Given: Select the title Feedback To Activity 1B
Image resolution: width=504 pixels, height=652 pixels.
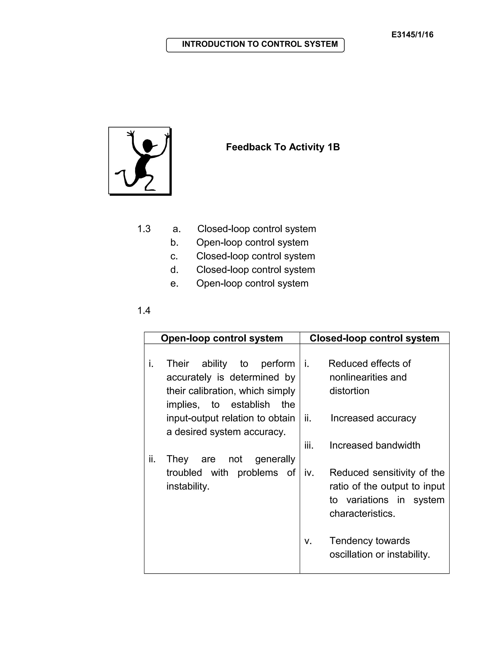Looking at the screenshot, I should click(283, 147).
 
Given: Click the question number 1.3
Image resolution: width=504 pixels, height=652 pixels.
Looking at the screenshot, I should click(144, 229).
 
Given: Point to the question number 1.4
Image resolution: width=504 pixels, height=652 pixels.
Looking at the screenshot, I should click(144, 310).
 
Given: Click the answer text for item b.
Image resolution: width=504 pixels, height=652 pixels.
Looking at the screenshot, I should click(252, 242).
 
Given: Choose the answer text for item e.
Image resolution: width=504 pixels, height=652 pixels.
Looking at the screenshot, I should click(252, 283).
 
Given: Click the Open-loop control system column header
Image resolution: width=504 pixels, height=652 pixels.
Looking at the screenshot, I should click(221, 338).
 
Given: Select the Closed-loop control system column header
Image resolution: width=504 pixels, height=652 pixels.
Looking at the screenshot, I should click(374, 338).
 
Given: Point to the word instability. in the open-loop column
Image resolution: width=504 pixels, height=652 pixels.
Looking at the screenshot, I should click(188, 486).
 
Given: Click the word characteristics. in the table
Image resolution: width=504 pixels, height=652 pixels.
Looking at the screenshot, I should click(362, 513).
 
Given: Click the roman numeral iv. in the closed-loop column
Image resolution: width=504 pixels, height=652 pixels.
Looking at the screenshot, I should click(309, 473).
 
